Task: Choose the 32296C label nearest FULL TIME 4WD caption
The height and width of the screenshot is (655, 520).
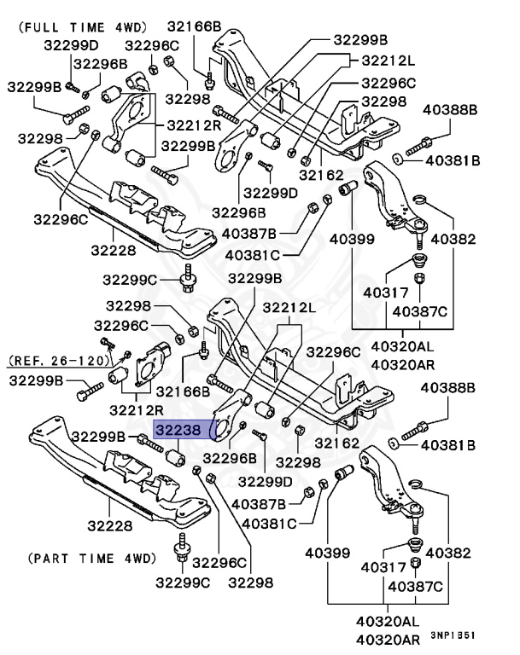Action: [x=152, y=45]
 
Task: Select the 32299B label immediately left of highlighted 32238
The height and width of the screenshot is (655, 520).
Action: [x=100, y=437]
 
